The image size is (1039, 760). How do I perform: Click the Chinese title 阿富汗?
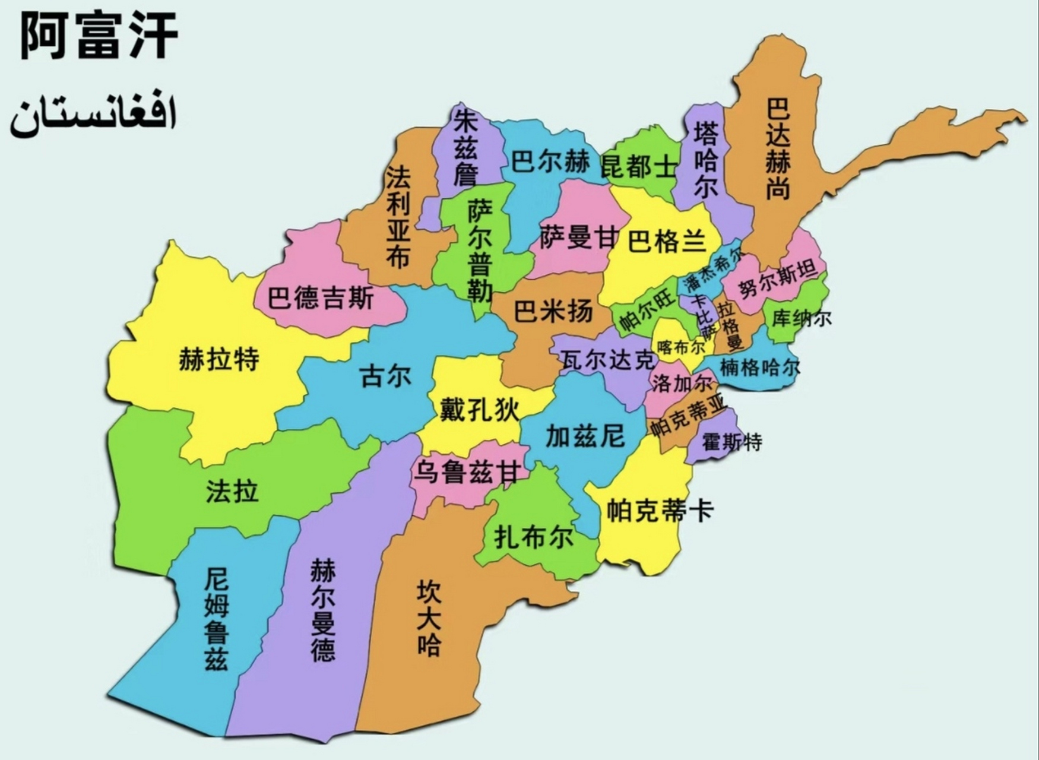[99, 37]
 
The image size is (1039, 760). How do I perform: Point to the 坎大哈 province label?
[429, 617]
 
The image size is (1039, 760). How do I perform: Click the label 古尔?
[385, 376]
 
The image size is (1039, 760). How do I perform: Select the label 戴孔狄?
[479, 410]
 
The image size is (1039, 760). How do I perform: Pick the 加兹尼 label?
[585, 436]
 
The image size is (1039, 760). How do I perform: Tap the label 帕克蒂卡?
[659, 511]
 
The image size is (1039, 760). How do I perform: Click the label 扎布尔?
[534, 537]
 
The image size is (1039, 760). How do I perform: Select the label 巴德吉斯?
[320, 297]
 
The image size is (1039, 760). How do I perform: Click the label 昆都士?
[638, 167]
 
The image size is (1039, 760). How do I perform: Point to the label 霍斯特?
[731, 442]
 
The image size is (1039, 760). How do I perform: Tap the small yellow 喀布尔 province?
[680, 346]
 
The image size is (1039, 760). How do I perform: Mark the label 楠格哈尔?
[759, 368]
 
